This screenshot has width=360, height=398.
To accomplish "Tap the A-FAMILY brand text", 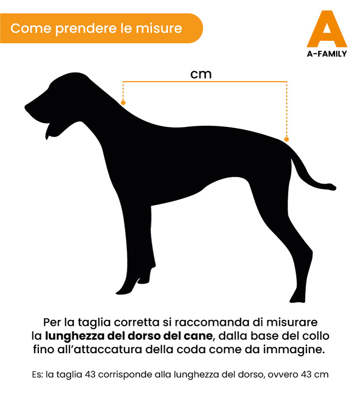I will coord(327,54).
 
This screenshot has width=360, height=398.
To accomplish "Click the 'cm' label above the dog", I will coord(201,74).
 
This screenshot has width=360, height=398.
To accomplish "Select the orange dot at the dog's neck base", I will coord(123,102).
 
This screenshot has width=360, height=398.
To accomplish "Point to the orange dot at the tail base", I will coord(286,139).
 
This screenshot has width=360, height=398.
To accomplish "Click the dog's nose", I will coord(27,107).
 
